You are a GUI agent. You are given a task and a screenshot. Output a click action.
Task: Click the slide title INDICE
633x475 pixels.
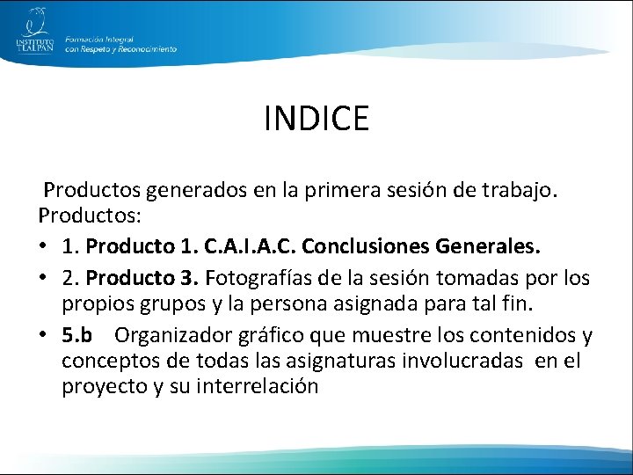[x=316, y=118]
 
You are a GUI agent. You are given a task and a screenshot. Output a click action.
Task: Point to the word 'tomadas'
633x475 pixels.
[x=482, y=279]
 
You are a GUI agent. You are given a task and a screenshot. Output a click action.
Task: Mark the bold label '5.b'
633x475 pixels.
[x=77, y=336]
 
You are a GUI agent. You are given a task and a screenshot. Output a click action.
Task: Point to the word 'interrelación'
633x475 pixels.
[x=260, y=388]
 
